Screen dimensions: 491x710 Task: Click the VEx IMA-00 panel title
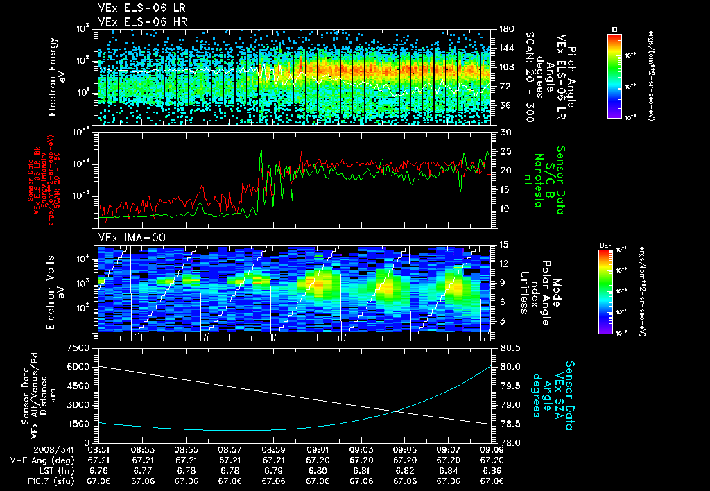[127, 237]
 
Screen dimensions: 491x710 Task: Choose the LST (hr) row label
[49, 470]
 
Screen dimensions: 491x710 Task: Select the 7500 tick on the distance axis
[78, 347]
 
